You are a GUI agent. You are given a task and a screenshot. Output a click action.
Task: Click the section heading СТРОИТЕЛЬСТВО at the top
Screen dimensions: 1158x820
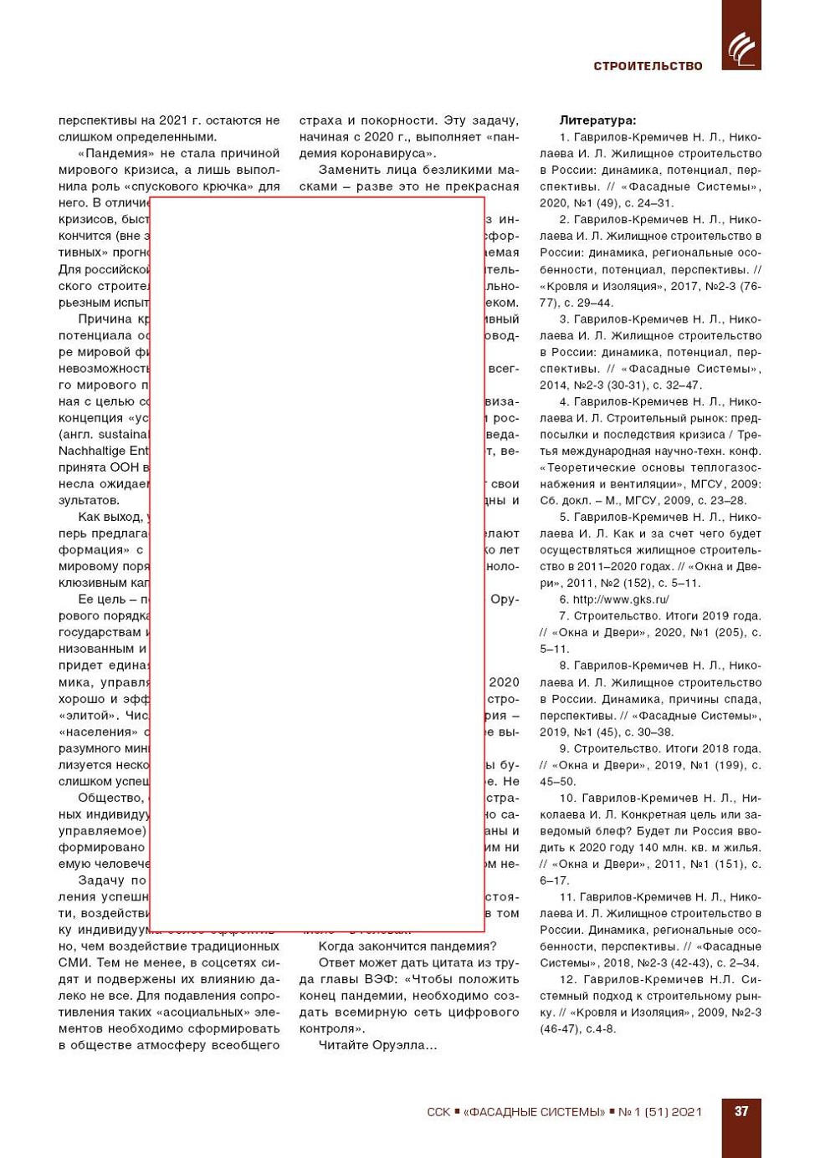[648, 66]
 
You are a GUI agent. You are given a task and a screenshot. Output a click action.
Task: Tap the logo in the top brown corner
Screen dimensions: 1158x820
[741, 48]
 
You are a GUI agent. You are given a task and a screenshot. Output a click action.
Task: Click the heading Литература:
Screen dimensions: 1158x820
[597, 120]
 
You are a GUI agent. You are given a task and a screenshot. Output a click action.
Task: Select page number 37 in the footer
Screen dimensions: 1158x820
[741, 1111]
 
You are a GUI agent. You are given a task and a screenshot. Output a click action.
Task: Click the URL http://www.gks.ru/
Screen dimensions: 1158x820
[621, 599]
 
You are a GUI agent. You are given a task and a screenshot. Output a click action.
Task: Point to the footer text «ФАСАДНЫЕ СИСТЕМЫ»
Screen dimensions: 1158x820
[535, 1112]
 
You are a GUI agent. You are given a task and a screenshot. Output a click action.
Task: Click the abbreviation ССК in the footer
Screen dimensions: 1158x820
[438, 1112]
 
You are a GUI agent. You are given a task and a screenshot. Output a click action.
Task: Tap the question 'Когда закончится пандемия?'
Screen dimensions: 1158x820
[407, 946]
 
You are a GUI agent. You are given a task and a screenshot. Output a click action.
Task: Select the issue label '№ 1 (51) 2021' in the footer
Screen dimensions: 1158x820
[659, 1112]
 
